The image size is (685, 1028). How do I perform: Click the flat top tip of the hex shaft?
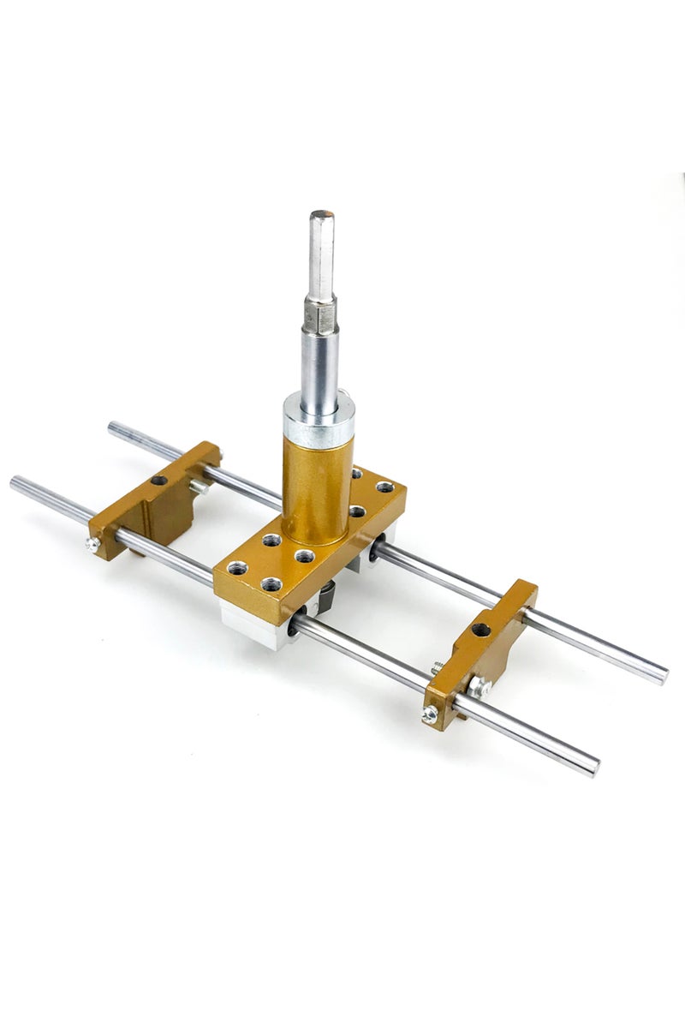click(322, 214)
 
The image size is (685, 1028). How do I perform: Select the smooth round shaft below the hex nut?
click(319, 364)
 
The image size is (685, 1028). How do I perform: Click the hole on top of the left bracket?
click(158, 480)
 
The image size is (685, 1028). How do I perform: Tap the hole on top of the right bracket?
click(480, 630)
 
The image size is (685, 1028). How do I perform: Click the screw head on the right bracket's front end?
click(430, 713)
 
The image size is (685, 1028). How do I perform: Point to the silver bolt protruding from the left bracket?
click(199, 486)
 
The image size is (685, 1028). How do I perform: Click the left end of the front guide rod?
click(15, 482)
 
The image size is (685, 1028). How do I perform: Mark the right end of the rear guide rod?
click(663, 677)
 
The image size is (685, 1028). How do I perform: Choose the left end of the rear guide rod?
click(113, 426)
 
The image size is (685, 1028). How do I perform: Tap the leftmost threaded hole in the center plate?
click(237, 567)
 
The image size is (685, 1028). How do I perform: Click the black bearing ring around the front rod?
click(295, 623)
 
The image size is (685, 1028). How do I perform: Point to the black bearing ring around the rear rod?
click(374, 549)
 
